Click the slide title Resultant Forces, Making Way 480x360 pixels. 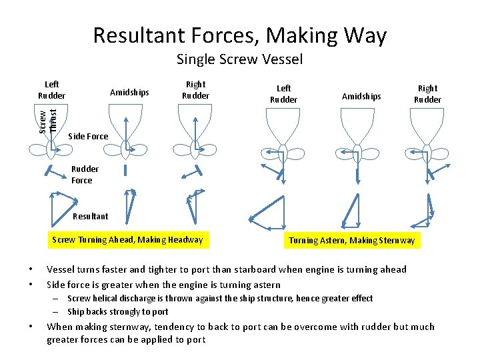[239, 35]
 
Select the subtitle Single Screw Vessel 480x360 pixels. [239, 59]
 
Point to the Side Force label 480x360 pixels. [88, 137]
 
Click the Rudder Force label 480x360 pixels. [85, 175]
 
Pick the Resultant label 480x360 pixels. [90, 216]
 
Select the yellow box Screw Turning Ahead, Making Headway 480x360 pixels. [127, 240]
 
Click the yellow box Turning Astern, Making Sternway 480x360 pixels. [351, 241]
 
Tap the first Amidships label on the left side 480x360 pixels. [129, 93]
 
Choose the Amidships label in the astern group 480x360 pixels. [361, 97]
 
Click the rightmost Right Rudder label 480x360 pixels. [427, 93]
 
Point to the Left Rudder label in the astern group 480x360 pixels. [283, 94]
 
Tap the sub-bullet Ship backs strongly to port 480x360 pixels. [118, 311]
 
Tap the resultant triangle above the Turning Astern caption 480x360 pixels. [350, 212]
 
